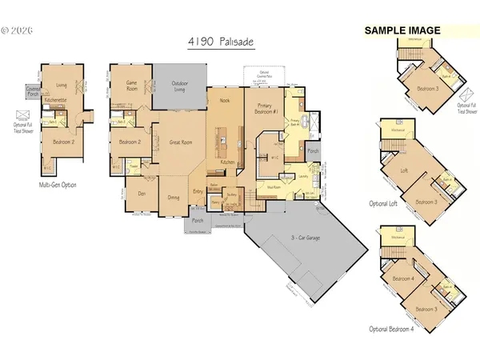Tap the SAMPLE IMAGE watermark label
(403, 30)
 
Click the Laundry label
(305, 176)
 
